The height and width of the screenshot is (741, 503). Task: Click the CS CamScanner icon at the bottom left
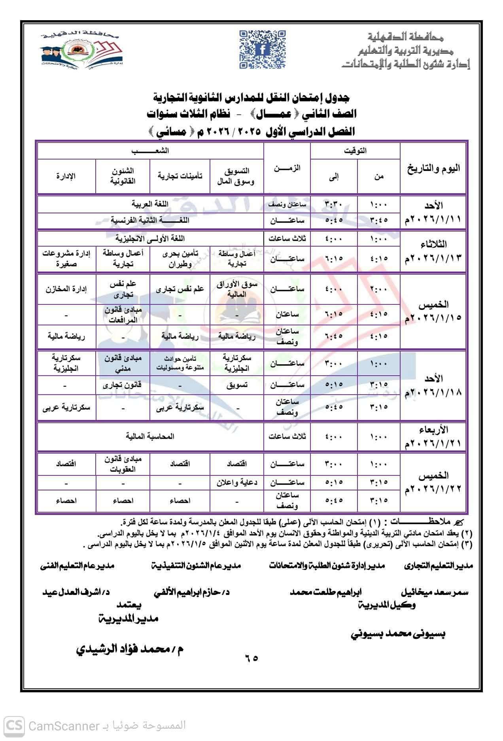pyautogui.click(x=14, y=726)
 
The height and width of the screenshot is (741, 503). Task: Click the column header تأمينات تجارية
pyautogui.click(x=180, y=176)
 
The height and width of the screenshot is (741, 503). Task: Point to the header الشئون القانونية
pyautogui.click(x=123, y=176)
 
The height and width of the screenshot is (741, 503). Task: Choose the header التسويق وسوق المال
pyautogui.click(x=236, y=176)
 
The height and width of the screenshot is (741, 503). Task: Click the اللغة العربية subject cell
pyautogui.click(x=150, y=204)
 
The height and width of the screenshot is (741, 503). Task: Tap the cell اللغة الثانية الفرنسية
pyautogui.click(x=150, y=220)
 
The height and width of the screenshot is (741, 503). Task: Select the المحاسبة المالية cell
pyautogui.click(x=150, y=436)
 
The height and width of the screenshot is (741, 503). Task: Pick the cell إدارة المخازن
pyautogui.click(x=66, y=289)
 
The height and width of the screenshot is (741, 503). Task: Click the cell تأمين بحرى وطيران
pyautogui.click(x=180, y=259)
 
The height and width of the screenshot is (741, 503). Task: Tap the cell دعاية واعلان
pyautogui.click(x=236, y=483)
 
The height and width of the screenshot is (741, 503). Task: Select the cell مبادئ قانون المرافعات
pyautogui.click(x=123, y=315)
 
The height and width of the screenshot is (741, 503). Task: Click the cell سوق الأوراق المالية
pyautogui.click(x=236, y=289)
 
